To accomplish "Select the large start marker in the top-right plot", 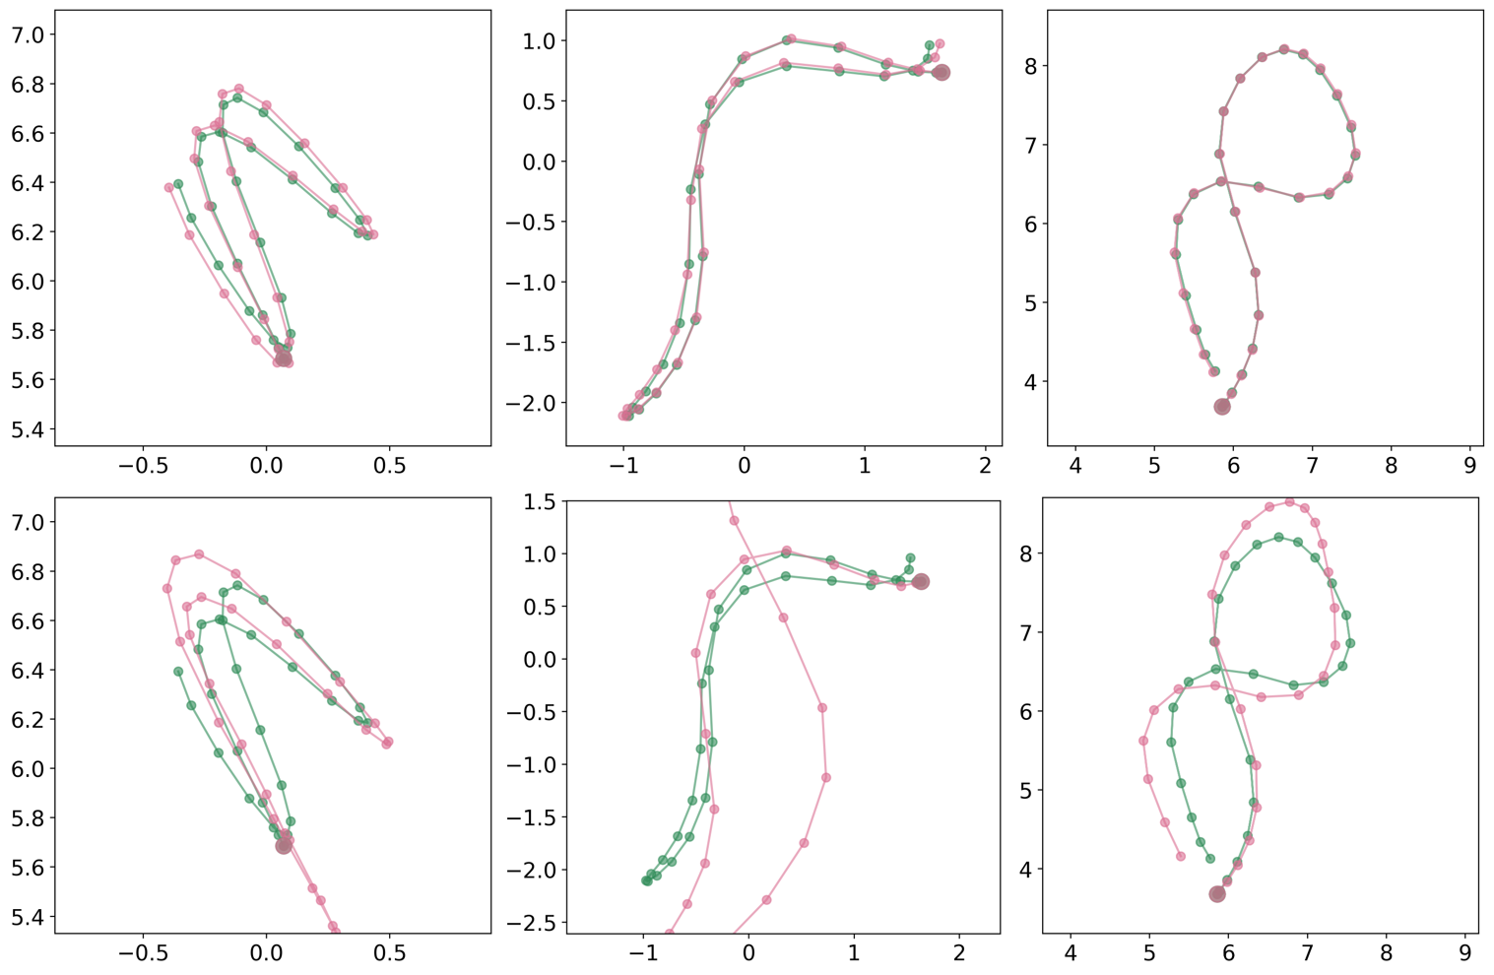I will pyautogui.click(x=1222, y=407).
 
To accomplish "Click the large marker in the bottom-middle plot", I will pyautogui.click(x=921, y=582).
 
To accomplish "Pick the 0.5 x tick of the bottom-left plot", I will pyautogui.click(x=389, y=953).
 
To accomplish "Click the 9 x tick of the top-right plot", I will pyautogui.click(x=1469, y=465).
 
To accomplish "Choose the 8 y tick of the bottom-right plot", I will pyautogui.click(x=1024, y=553).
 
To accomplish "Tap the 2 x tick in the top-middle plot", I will pyautogui.click(x=985, y=465).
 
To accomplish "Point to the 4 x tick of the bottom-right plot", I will pyautogui.click(x=1071, y=953).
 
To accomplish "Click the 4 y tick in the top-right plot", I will pyautogui.click(x=1030, y=382).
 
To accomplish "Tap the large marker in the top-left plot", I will pyautogui.click(x=284, y=358).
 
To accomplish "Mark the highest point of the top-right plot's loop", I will pyautogui.click(x=1284, y=49).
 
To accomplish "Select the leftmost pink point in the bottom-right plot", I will pyautogui.click(x=1143, y=741).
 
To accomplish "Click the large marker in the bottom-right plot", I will pyautogui.click(x=1217, y=894).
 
